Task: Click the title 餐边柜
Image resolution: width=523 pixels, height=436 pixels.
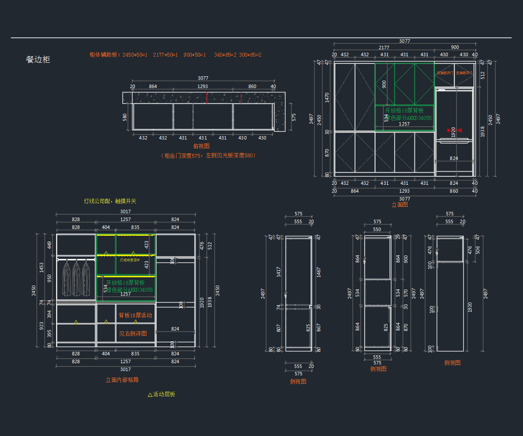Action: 38,60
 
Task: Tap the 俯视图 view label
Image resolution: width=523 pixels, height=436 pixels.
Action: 201,146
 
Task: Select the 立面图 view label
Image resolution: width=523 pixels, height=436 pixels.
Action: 400,204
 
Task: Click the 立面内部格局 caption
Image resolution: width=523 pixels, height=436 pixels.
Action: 122,380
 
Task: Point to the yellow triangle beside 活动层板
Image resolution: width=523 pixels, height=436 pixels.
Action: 150,395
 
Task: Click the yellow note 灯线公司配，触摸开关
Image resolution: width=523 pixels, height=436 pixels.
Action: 110,201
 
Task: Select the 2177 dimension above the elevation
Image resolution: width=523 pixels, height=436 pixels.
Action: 384,48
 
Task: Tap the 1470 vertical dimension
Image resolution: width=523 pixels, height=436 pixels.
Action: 327,97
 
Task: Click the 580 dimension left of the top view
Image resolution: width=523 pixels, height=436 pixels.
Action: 125,117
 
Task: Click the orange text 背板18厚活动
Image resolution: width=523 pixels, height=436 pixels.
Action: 135,315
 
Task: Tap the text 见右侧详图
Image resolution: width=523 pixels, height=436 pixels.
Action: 133,334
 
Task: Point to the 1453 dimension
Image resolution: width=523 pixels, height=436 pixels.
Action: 41,266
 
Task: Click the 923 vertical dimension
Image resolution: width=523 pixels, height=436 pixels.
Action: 41,326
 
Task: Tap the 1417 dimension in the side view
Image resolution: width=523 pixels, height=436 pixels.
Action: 278,272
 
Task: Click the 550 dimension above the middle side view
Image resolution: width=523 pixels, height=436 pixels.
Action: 377,229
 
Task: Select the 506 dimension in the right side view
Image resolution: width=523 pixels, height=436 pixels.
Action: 477,250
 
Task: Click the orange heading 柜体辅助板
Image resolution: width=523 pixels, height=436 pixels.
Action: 105,55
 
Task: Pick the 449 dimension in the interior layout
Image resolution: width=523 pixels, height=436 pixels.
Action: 50,245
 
